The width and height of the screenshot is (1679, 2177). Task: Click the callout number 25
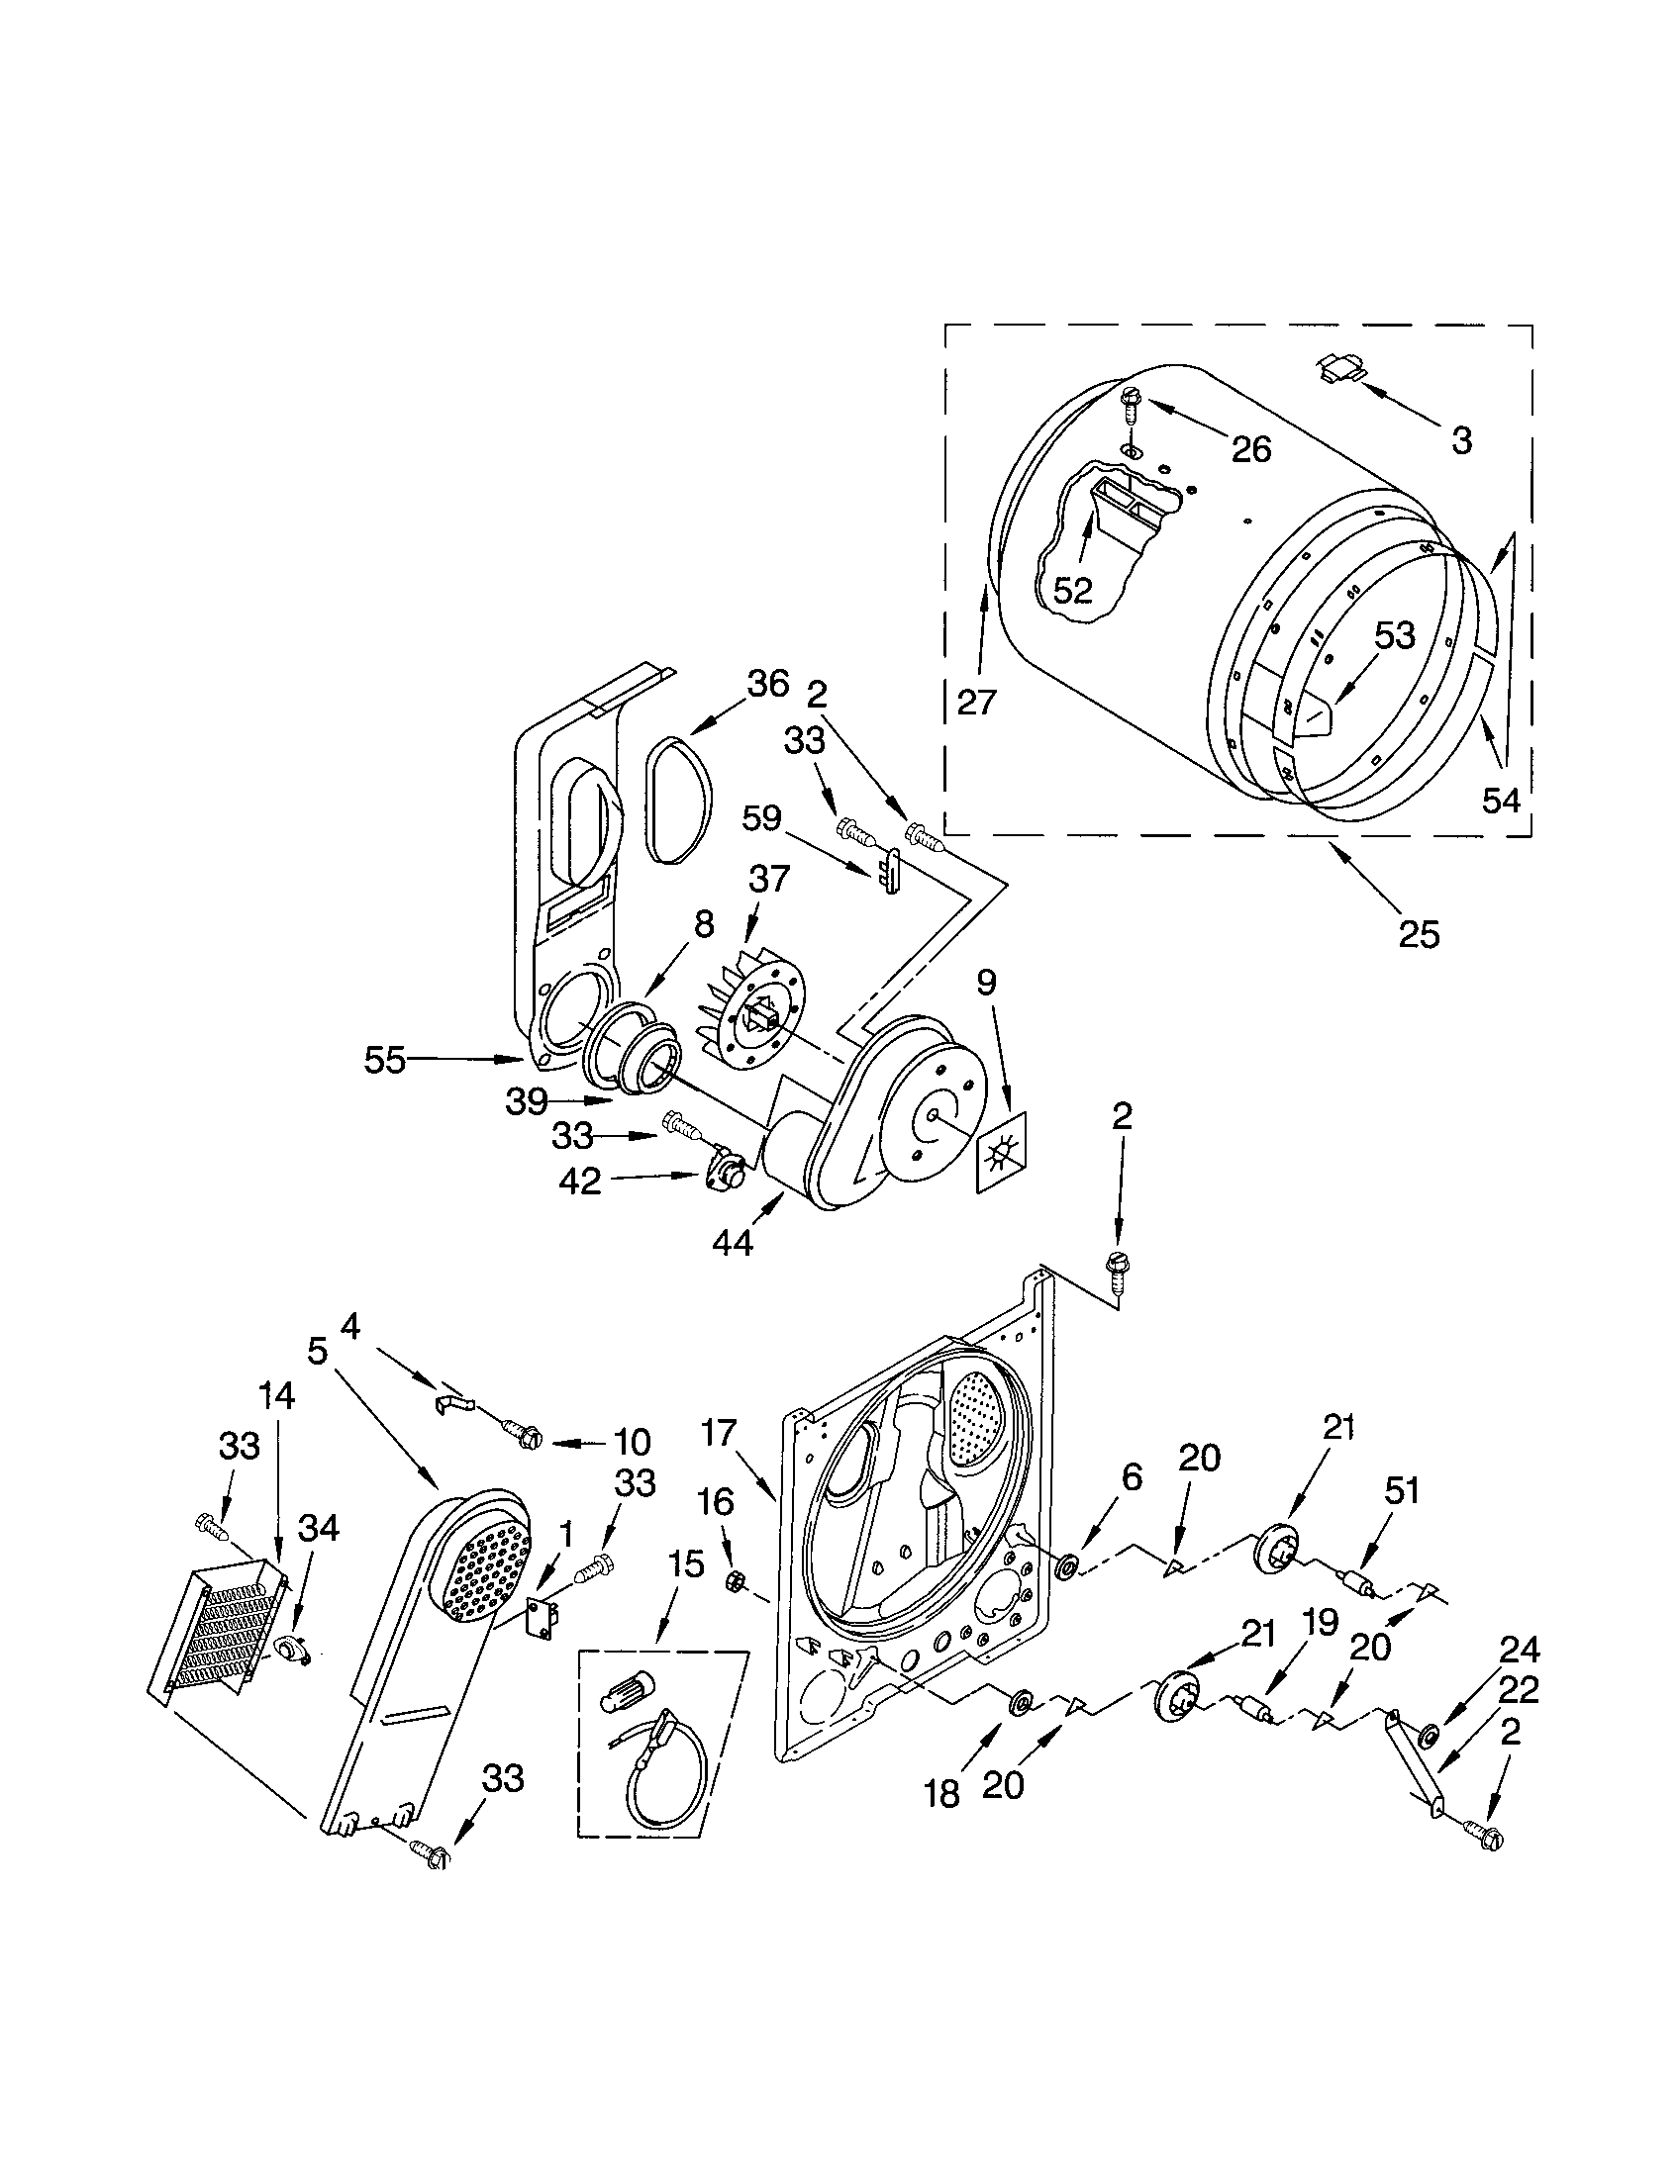coord(1418,934)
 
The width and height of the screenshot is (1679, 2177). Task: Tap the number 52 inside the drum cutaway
coord(1073,590)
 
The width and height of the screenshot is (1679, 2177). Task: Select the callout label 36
coord(766,684)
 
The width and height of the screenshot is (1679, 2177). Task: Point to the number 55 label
coord(384,1061)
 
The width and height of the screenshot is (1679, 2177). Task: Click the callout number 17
coord(717,1433)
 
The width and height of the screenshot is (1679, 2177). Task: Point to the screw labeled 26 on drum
coord(1130,405)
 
